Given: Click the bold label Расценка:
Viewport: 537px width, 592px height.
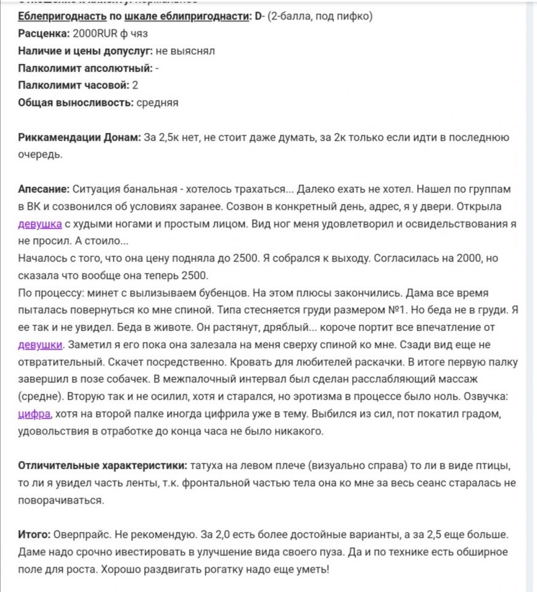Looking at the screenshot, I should tap(44, 33).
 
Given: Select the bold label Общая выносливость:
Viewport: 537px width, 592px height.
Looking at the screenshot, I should tap(75, 102).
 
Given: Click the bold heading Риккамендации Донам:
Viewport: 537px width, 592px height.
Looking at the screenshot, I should tap(80, 137).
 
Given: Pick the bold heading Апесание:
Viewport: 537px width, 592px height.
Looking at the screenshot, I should tap(44, 189).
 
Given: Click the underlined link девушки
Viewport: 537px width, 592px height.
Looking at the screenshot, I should tap(41, 344).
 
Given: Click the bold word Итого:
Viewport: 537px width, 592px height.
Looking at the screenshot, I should tap(35, 534).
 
